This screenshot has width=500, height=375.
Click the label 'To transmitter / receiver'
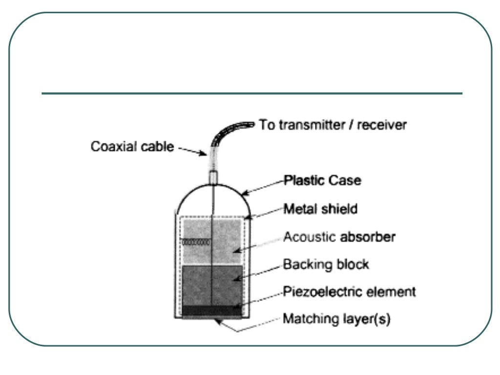pyautogui.click(x=332, y=125)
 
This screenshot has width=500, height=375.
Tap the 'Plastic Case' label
pyautogui.click(x=323, y=181)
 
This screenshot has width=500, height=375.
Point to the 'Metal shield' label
pyautogui.click(x=321, y=209)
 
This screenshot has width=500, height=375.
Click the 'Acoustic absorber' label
pyautogui.click(x=339, y=237)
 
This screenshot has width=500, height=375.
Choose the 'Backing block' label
pyautogui.click(x=326, y=265)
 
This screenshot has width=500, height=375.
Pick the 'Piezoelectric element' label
pyautogui.click(x=349, y=292)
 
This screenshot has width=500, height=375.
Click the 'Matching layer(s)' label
pyautogui.click(x=336, y=320)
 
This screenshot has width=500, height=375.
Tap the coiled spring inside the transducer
pyautogui.click(x=196, y=242)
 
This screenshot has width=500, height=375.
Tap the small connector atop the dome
pyautogui.click(x=213, y=177)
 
